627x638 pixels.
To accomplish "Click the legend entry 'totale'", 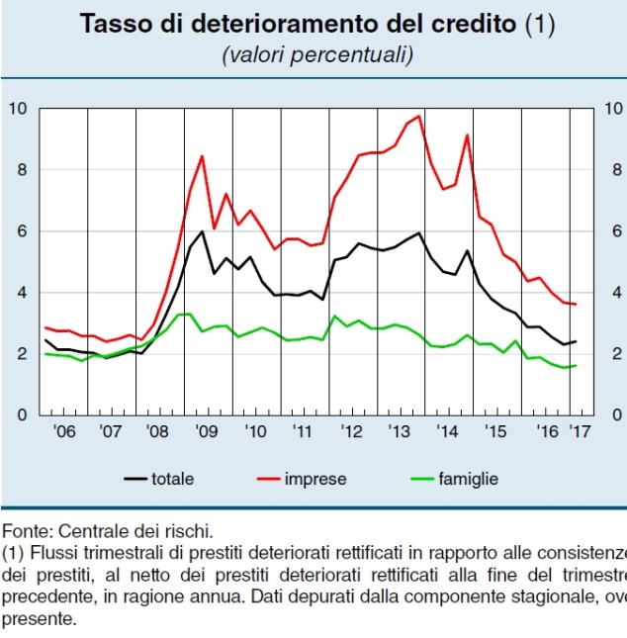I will click(172, 480).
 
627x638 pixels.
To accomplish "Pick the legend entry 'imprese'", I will click(314, 480).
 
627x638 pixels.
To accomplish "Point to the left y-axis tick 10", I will click(17, 108).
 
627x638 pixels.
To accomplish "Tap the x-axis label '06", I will click(64, 432).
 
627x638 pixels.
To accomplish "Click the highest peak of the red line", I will click(419, 116).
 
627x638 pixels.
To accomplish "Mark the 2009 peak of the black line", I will click(202, 231).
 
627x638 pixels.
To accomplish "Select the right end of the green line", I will click(576, 366).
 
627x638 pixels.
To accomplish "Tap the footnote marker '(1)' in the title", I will click(541, 24).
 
